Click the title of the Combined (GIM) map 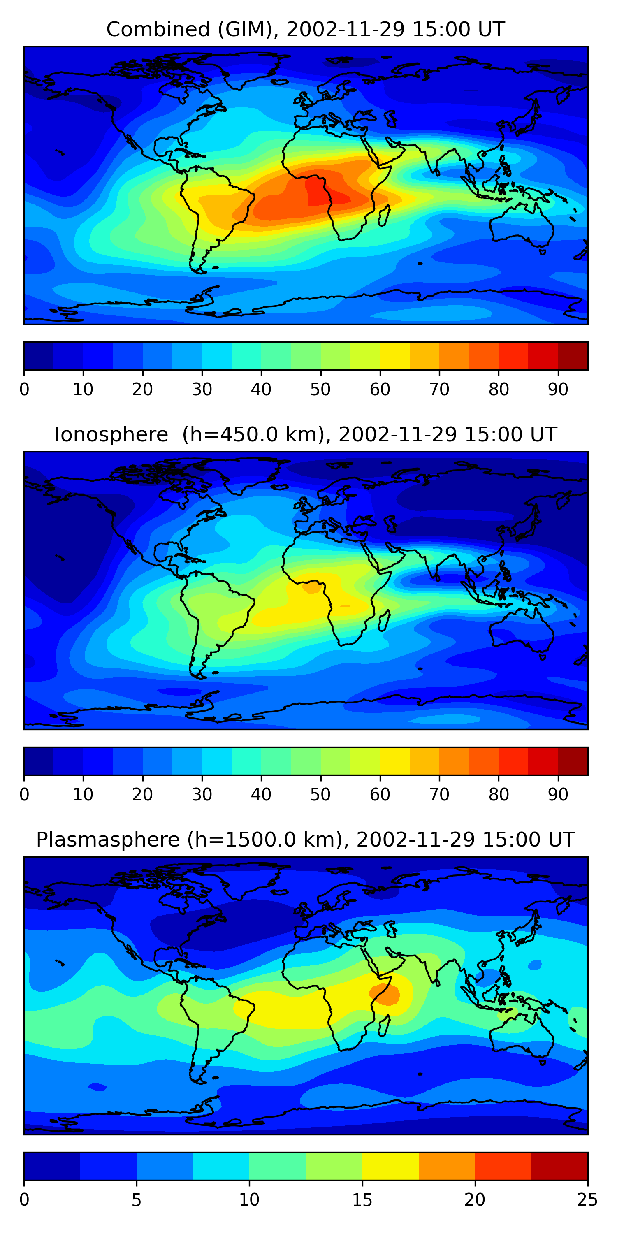click(x=305, y=30)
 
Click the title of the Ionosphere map click(x=305, y=435)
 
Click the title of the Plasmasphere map click(x=305, y=840)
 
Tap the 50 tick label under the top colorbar click(x=320, y=390)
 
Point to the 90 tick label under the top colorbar click(x=558, y=390)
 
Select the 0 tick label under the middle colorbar click(x=24, y=794)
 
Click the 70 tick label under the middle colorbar click(x=439, y=794)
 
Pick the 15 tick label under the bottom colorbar click(x=362, y=1199)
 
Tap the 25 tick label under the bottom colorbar click(x=587, y=1199)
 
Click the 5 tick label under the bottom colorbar click(x=137, y=1199)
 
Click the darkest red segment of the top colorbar click(x=573, y=356)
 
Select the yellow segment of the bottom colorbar click(x=390, y=1166)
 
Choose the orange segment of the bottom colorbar click(x=446, y=1166)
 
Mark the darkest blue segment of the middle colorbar click(x=39, y=761)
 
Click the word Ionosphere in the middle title click(x=111, y=435)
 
